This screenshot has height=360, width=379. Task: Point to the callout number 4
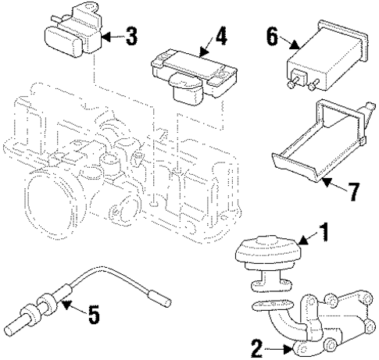click(x=223, y=35)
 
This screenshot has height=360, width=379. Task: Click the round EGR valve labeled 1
click(x=266, y=258)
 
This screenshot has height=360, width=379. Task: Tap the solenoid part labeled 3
click(x=70, y=31)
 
